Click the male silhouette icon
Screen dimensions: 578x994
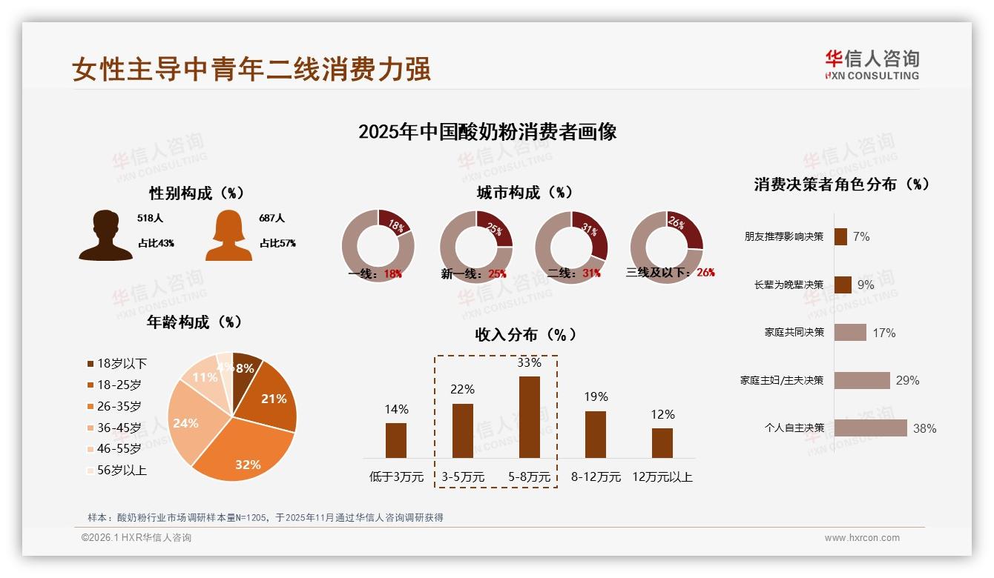coord(105,236)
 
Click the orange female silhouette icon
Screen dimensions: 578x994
coord(228,236)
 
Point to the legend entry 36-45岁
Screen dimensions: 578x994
coord(119,428)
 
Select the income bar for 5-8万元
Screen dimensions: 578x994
coord(530,417)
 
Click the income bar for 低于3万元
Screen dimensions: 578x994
coord(396,440)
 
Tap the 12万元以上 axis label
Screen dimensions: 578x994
coord(662,477)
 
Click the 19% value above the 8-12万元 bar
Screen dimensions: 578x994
coord(596,397)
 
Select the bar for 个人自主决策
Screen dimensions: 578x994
coord(870,428)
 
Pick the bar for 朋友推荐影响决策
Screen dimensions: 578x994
coord(840,236)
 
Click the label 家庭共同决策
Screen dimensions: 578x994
coord(794,333)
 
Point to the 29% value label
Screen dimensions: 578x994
coord(907,381)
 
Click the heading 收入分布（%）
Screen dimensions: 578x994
coord(525,334)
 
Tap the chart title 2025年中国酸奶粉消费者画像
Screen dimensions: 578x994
coord(487,132)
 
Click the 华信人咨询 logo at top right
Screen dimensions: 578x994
coord(872,64)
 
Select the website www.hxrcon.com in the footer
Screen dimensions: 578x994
coord(862,538)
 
